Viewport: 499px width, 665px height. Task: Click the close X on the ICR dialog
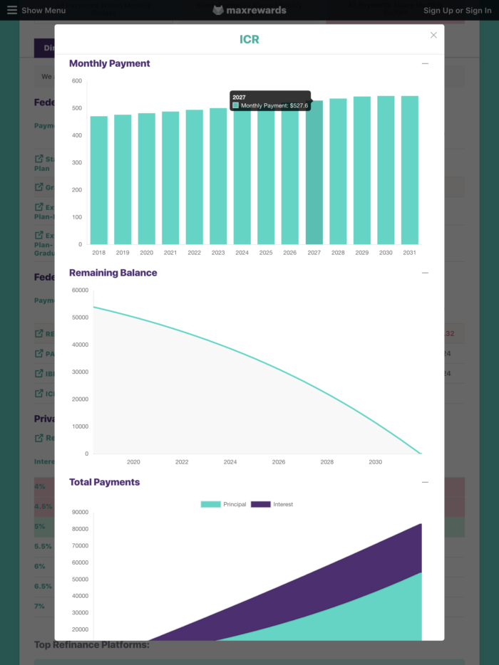tap(433, 35)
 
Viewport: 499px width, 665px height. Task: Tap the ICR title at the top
tap(249, 39)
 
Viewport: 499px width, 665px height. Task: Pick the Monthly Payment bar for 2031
tap(409, 170)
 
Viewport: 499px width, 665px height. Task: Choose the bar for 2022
tap(194, 177)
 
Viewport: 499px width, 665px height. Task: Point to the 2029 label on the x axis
tap(361, 253)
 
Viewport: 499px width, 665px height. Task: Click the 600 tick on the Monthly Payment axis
tap(77, 81)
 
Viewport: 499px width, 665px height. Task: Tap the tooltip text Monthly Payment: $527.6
tap(274, 105)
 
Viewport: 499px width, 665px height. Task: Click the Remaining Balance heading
tap(113, 273)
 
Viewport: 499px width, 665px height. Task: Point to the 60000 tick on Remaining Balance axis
tap(80, 290)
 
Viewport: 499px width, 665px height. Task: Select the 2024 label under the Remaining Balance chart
tap(230, 462)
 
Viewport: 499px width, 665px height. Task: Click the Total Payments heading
tap(104, 482)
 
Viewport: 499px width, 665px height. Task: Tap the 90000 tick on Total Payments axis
tap(80, 512)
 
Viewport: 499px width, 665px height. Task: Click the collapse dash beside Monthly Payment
tap(425, 63)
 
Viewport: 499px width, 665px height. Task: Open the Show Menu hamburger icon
tap(12, 10)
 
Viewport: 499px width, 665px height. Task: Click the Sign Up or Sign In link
tap(457, 11)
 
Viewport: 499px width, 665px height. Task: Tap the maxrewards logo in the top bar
tap(249, 10)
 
